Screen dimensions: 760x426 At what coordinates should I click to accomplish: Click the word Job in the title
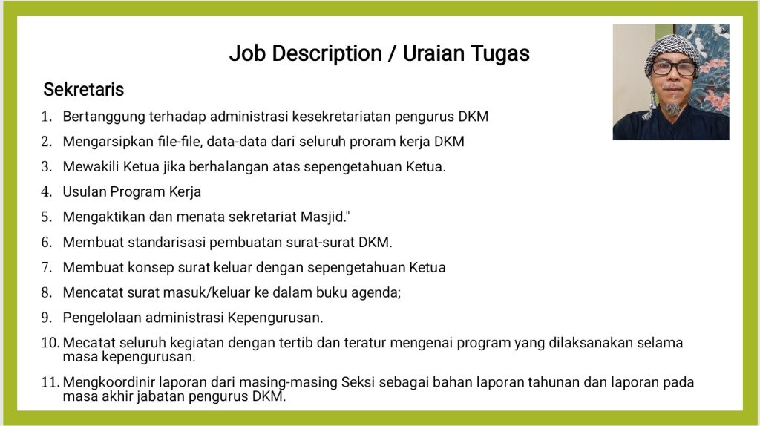tap(247, 53)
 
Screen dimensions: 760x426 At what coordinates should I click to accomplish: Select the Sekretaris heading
tap(83, 89)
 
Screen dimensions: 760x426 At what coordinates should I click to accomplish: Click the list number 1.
tap(46, 117)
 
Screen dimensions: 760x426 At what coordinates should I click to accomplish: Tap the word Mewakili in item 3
tap(91, 167)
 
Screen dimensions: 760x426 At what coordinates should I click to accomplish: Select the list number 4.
tap(46, 192)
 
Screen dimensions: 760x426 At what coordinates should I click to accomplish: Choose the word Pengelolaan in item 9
tap(102, 318)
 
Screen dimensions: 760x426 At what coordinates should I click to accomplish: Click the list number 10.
tap(50, 343)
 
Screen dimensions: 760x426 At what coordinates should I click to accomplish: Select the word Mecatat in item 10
tap(89, 343)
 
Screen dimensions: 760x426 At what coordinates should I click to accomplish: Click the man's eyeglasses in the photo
tap(674, 68)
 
